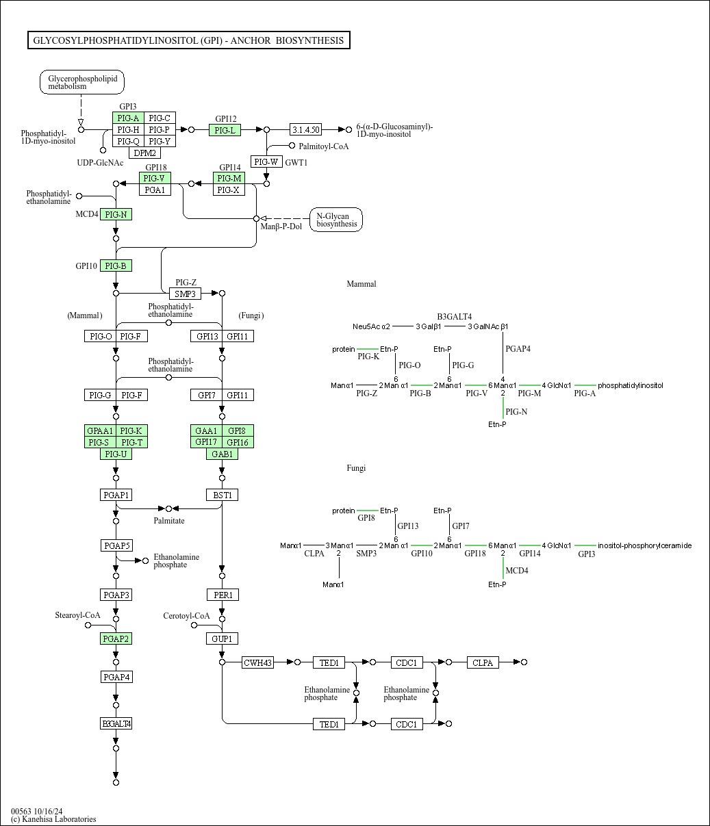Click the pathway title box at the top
pyautogui.click(x=189, y=40)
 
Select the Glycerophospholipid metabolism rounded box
pyautogui.click(x=82, y=82)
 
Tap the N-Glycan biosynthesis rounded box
pyautogui.click(x=335, y=220)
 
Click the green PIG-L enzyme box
pyautogui.click(x=225, y=130)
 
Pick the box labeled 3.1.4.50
pyautogui.click(x=306, y=129)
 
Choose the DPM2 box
pyautogui.click(x=144, y=153)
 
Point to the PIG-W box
pyautogui.click(x=266, y=162)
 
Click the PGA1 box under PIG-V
pyautogui.click(x=155, y=190)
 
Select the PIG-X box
pyautogui.click(x=229, y=190)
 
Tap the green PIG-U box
pyautogui.click(x=116, y=454)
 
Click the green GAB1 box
pyautogui.click(x=223, y=454)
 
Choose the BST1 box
pyautogui.click(x=223, y=495)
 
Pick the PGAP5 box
pyautogui.click(x=116, y=545)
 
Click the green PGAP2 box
pyautogui.click(x=116, y=638)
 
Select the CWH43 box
pyautogui.click(x=258, y=662)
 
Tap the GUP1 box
pyautogui.click(x=223, y=638)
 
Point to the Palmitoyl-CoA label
pyautogui.click(x=324, y=146)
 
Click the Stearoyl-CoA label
pyautogui.click(x=77, y=615)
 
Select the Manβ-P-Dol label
pyautogui.click(x=281, y=227)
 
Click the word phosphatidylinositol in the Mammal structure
pyautogui.click(x=631, y=386)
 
